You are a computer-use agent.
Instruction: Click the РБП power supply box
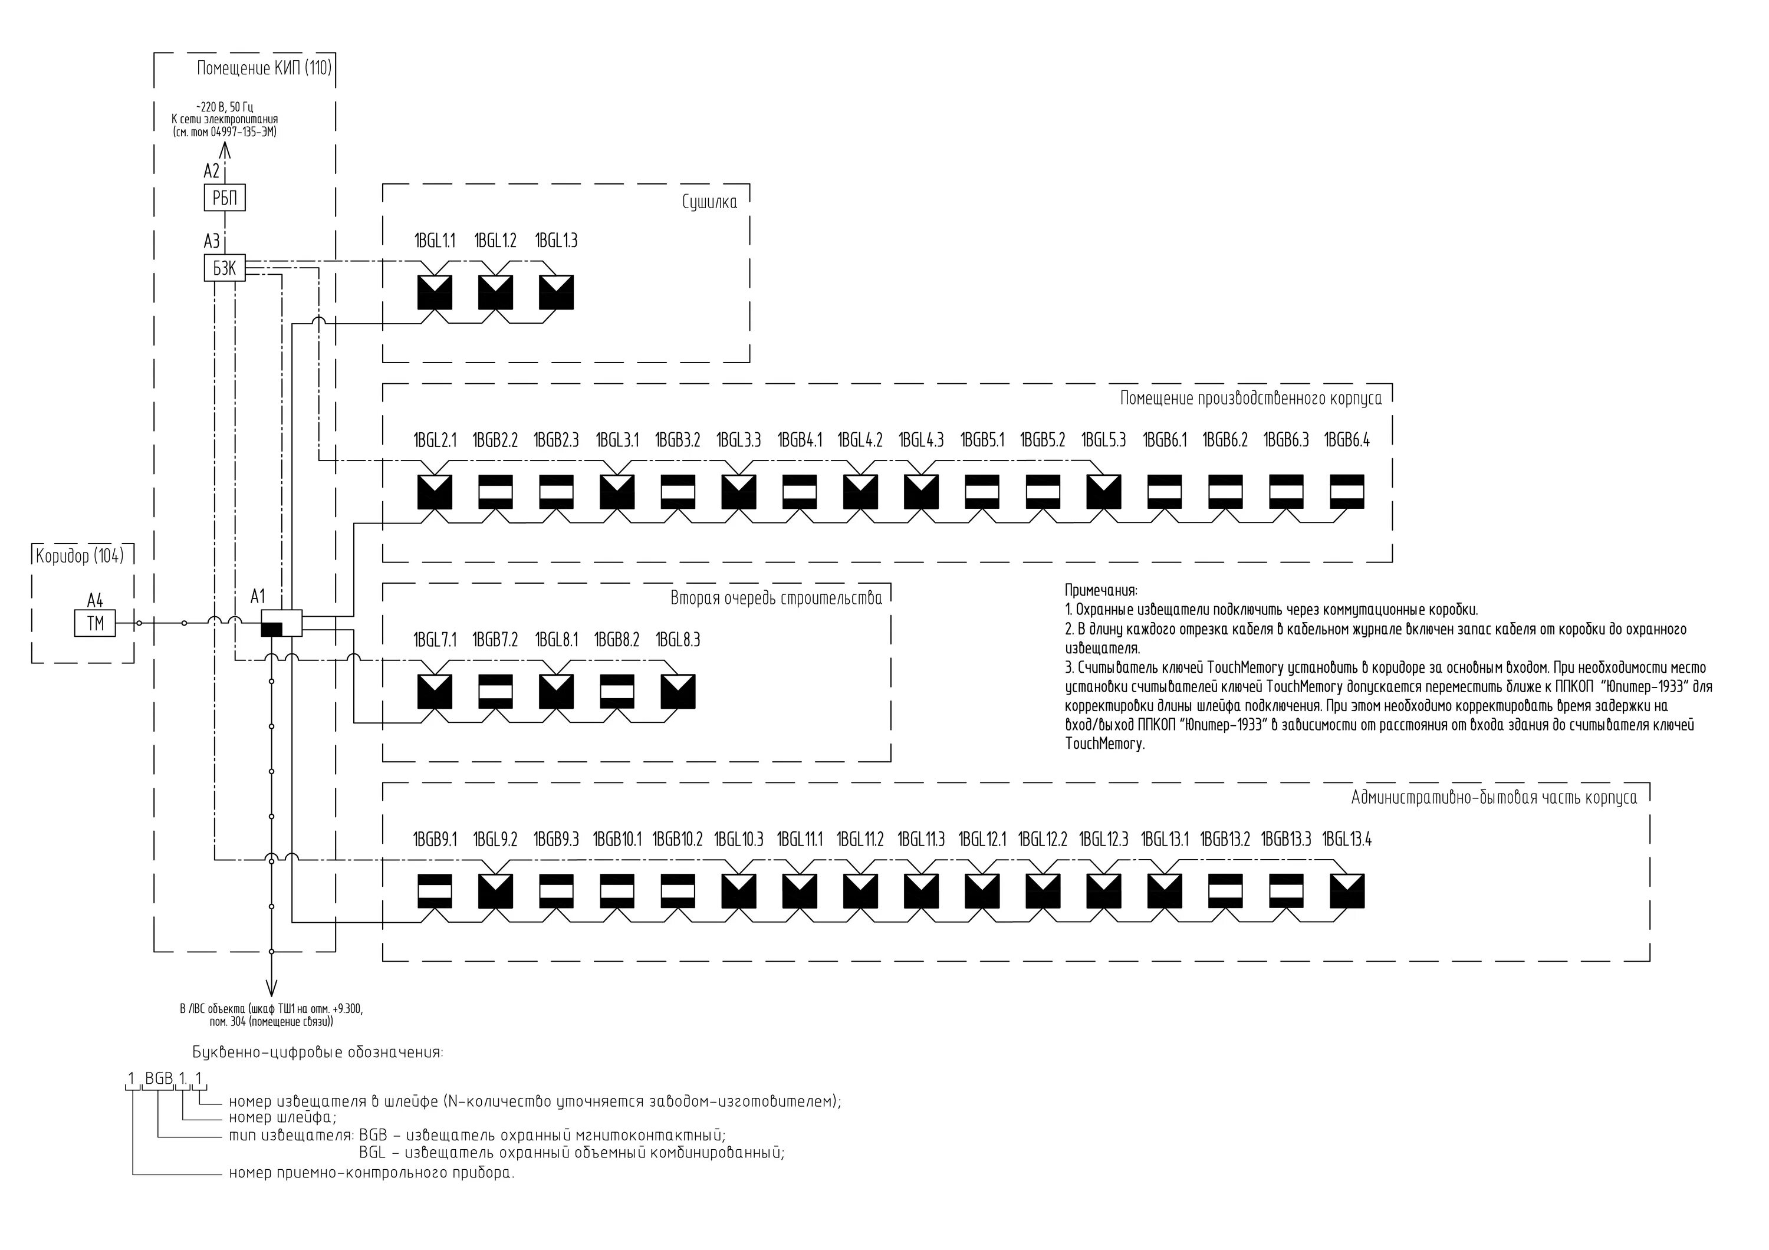click(x=224, y=198)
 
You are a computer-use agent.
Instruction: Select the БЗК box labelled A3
click(x=224, y=268)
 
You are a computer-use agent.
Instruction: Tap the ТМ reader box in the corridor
click(x=95, y=623)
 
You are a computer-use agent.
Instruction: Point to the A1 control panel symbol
click(x=281, y=622)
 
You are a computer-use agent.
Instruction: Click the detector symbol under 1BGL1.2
click(x=495, y=292)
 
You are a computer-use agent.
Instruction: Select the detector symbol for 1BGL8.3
click(x=678, y=692)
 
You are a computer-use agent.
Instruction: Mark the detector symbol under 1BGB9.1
click(x=435, y=891)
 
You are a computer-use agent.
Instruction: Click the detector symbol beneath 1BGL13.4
click(x=1347, y=891)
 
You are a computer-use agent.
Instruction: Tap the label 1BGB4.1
click(x=800, y=440)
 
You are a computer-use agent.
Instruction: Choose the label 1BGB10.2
click(x=678, y=840)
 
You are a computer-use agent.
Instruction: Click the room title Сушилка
click(x=709, y=203)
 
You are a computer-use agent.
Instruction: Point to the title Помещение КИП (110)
click(x=264, y=68)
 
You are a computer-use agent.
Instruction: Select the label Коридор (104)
click(x=80, y=556)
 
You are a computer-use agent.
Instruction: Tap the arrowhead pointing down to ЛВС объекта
click(x=271, y=989)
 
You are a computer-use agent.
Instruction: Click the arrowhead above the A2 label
click(x=225, y=150)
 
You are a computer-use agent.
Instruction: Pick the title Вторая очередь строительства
click(x=776, y=598)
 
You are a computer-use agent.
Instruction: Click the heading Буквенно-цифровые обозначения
click(x=317, y=1052)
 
